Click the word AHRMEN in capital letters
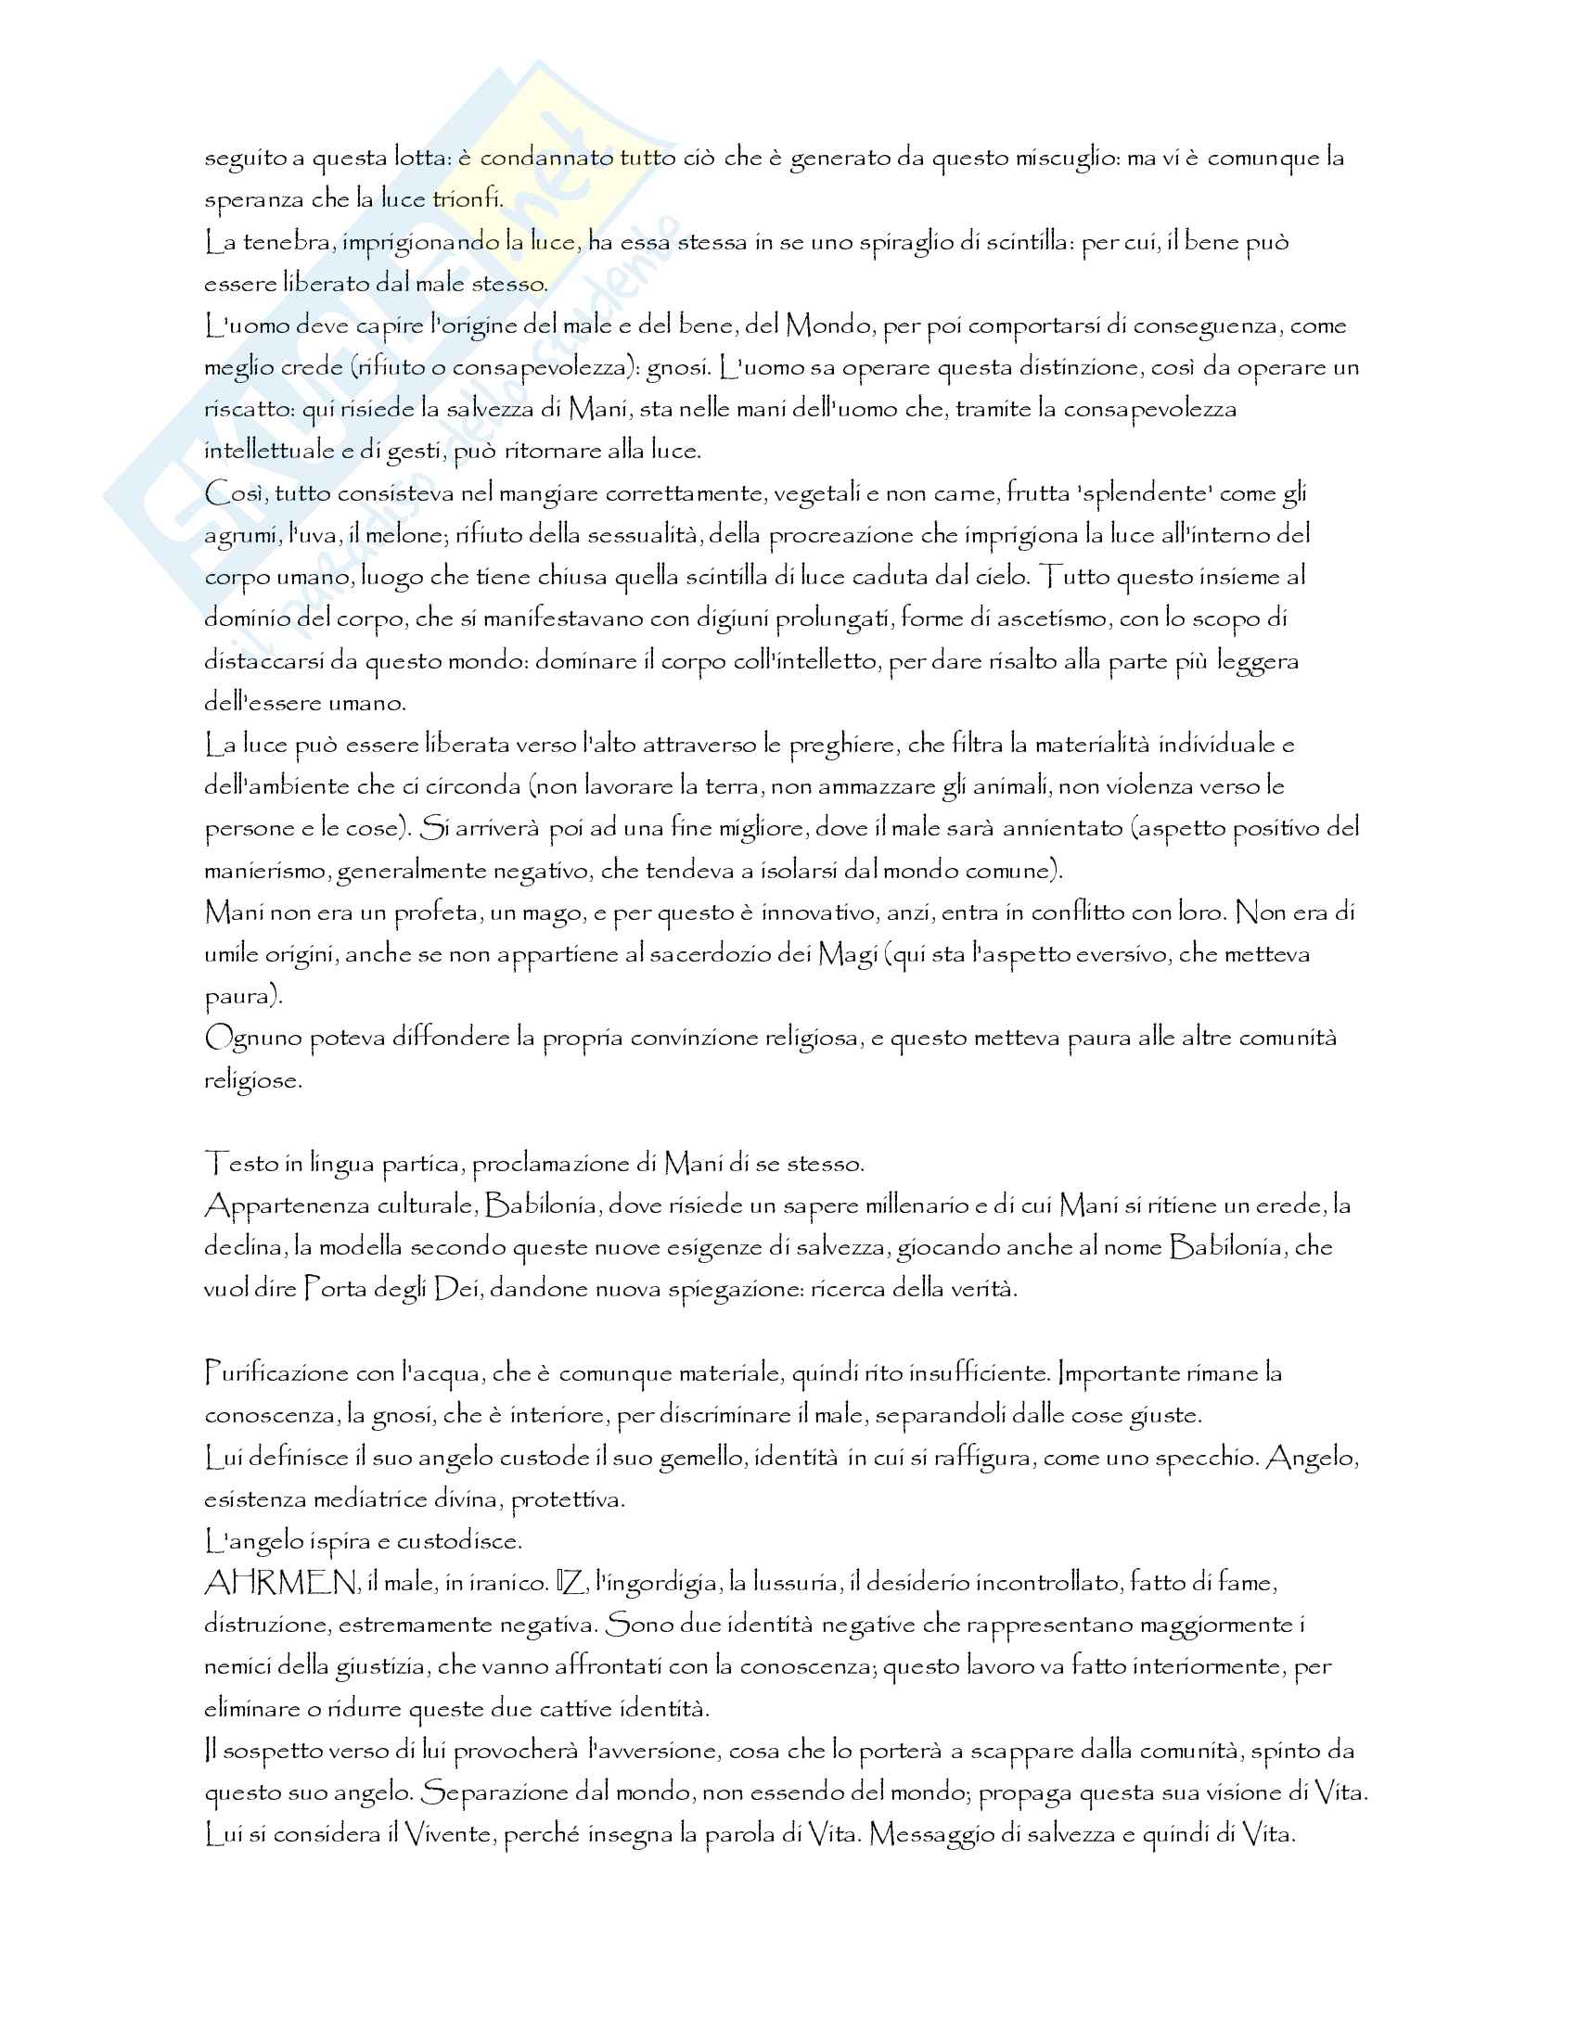tap(280, 1583)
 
